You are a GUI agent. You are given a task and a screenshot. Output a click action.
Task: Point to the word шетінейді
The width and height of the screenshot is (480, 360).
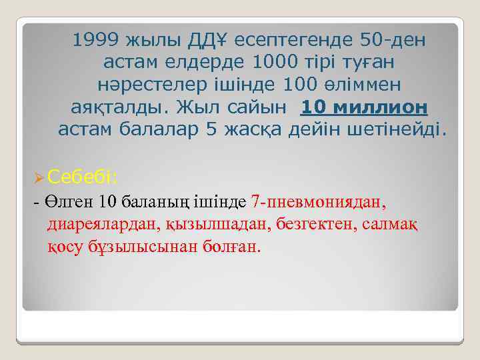click(x=399, y=129)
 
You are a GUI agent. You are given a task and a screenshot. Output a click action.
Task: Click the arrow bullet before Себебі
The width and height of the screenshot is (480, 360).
click(x=38, y=177)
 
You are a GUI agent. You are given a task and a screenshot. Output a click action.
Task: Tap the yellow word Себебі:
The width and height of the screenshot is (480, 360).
click(x=83, y=176)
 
